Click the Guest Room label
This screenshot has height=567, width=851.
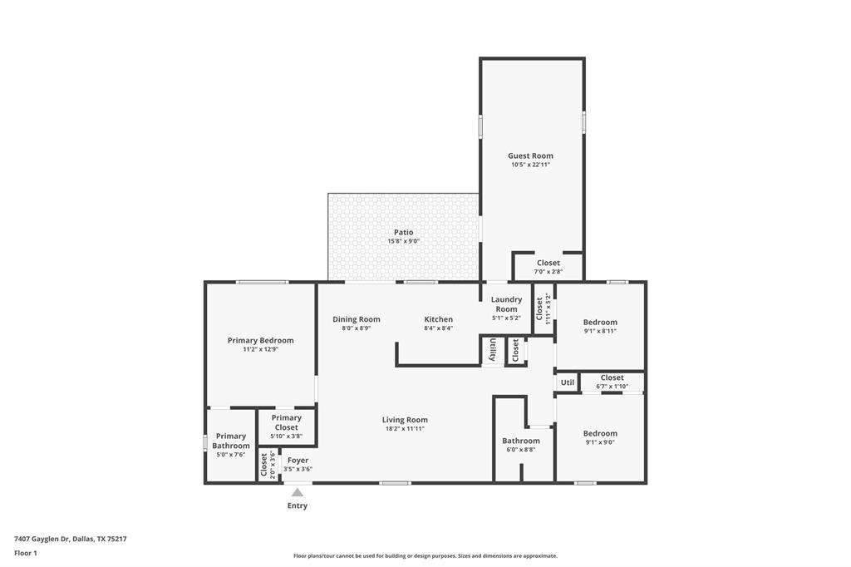pyautogui.click(x=530, y=155)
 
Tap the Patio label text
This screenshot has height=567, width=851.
pyautogui.click(x=403, y=232)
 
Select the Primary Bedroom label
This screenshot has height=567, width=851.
pyautogui.click(x=260, y=340)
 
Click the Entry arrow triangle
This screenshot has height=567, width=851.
pyautogui.click(x=297, y=492)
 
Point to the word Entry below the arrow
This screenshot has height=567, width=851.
pyautogui.click(x=297, y=505)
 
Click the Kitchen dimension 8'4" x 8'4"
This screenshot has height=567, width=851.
pyautogui.click(x=438, y=328)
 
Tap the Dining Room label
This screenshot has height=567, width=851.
pyautogui.click(x=356, y=319)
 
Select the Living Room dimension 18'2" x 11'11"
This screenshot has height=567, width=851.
pyautogui.click(x=405, y=429)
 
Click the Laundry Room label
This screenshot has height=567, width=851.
pyautogui.click(x=506, y=304)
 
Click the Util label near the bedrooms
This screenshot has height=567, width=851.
pyautogui.click(x=568, y=382)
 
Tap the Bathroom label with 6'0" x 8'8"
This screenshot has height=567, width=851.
pyautogui.click(x=520, y=441)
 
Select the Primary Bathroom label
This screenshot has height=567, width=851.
pyautogui.click(x=230, y=441)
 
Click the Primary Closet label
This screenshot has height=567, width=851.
pyautogui.click(x=286, y=422)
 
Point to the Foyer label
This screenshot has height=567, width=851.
pyautogui.click(x=298, y=460)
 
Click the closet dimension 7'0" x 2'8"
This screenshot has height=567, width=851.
pyautogui.click(x=548, y=272)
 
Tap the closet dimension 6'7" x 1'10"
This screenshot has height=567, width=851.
pyautogui.click(x=612, y=387)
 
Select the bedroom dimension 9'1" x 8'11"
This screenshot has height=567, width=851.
pyautogui.click(x=600, y=331)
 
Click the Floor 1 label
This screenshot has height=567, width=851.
pyautogui.click(x=26, y=553)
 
